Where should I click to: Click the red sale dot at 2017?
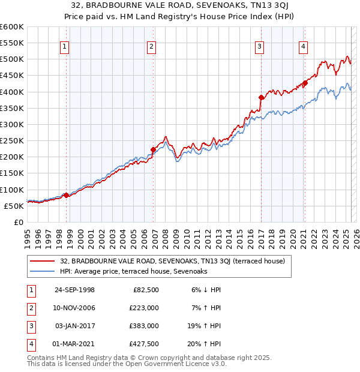(261, 97)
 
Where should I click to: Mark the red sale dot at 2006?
(153, 149)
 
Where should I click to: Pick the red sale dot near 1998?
(66, 195)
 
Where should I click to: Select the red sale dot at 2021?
(305, 83)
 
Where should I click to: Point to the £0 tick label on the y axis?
(18, 222)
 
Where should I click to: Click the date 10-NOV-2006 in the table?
(74, 308)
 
